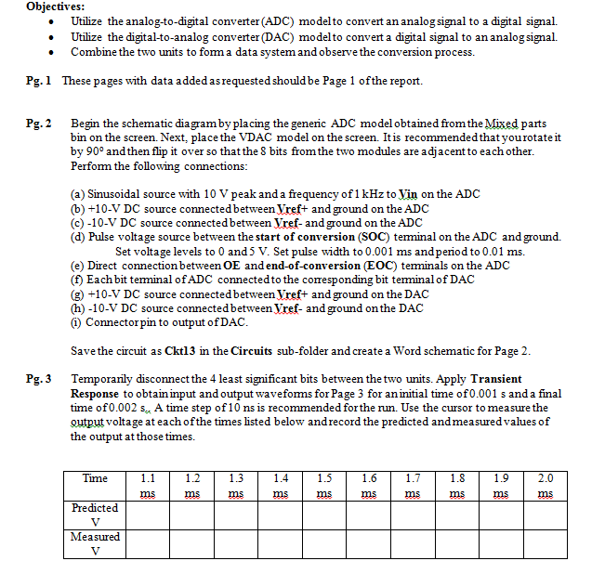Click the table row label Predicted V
tap(95, 515)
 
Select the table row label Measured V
tap(95, 544)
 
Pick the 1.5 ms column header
tap(324, 486)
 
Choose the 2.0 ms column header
tap(546, 486)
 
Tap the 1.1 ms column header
tap(147, 486)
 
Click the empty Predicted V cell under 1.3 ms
tap(236, 515)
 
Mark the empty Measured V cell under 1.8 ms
tap(457, 544)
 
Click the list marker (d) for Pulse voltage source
tap(79, 236)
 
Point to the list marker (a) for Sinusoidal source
tap(79, 194)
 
